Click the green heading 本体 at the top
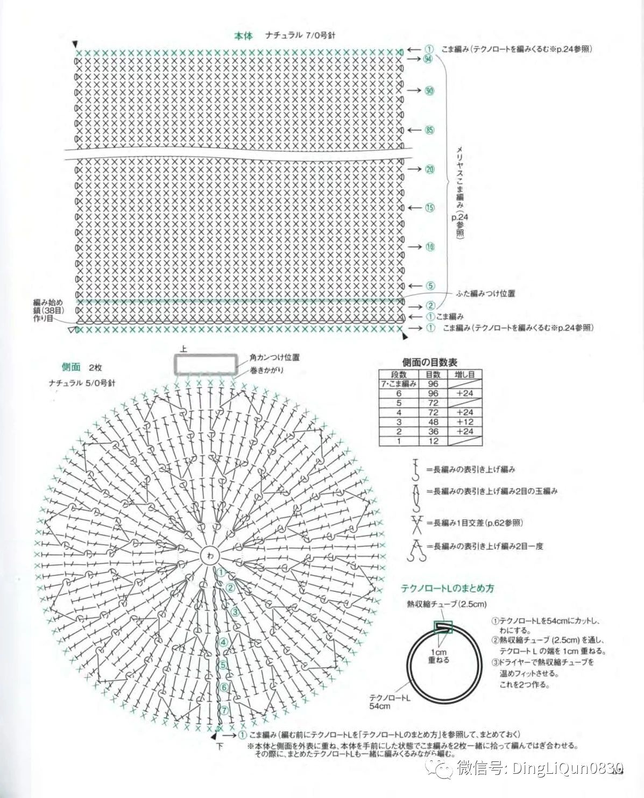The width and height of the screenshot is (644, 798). (x=243, y=36)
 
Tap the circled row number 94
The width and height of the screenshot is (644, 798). (x=428, y=59)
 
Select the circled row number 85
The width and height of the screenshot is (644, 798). (x=429, y=130)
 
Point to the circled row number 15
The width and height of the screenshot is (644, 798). (x=429, y=208)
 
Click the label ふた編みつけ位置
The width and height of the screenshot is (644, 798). (x=485, y=293)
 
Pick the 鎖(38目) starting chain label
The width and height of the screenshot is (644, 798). (x=48, y=310)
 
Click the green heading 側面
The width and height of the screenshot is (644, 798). (x=71, y=367)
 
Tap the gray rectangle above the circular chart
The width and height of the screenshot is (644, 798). (x=206, y=364)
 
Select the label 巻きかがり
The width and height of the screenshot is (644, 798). (x=267, y=370)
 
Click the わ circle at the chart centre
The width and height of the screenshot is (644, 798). (x=209, y=555)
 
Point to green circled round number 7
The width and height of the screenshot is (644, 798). (x=224, y=710)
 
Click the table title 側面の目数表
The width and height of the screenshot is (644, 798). (x=429, y=363)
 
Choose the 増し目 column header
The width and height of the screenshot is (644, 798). (x=464, y=375)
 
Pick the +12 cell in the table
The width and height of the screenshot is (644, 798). (x=464, y=422)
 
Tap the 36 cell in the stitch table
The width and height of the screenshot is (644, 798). (x=433, y=432)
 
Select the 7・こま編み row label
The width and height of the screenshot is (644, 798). (x=399, y=384)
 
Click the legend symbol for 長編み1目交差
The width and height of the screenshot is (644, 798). (x=416, y=523)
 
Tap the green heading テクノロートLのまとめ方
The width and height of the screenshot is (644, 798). (x=447, y=588)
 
